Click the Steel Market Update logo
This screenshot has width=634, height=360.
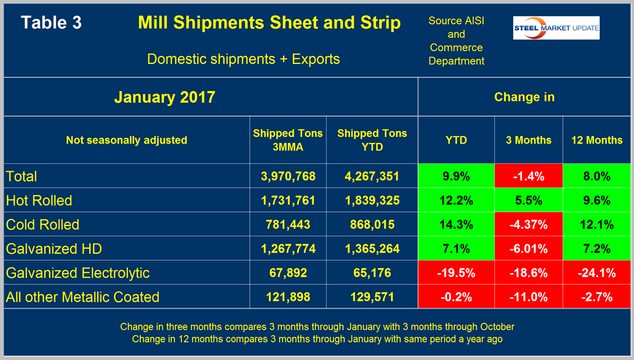point(556,28)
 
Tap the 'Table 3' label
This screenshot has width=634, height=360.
point(51,23)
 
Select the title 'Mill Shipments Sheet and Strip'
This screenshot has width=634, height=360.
point(269,23)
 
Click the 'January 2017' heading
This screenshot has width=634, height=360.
point(164,97)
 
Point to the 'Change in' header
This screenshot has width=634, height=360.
point(524,97)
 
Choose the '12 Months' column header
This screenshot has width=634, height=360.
point(596,140)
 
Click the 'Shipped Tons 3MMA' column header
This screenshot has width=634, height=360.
point(288,140)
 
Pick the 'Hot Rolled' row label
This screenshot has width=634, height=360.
point(39,200)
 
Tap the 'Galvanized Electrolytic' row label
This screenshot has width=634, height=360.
point(77,273)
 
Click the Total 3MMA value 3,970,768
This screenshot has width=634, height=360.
point(288,176)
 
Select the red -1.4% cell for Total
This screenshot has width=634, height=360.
point(528,176)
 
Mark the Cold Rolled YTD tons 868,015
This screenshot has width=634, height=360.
point(372,224)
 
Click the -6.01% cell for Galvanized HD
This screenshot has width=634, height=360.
point(528,249)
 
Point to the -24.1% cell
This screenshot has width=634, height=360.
point(596,273)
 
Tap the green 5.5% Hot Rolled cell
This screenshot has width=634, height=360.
point(528,200)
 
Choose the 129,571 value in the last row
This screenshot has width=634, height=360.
point(372,297)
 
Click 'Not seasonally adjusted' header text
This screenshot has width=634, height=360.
point(127,140)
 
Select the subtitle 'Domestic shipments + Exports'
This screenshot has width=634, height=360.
point(244,59)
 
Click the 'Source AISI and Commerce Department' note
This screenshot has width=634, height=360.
point(456,41)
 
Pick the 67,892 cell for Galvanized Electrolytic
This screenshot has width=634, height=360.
point(288,273)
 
